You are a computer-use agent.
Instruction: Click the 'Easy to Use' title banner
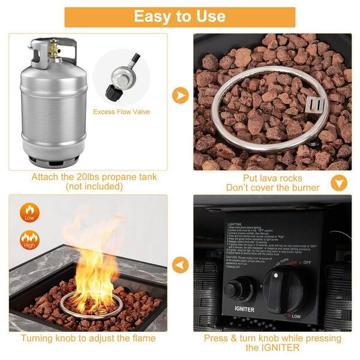click(179, 16)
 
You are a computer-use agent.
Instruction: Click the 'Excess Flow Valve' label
click(121, 112)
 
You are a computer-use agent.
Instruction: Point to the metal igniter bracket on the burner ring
click(315, 106)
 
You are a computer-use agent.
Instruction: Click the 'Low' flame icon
click(28, 212)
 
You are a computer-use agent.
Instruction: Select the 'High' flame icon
click(28, 241)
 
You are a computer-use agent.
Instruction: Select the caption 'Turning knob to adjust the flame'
click(88, 338)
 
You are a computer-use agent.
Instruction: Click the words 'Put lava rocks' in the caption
click(272, 178)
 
